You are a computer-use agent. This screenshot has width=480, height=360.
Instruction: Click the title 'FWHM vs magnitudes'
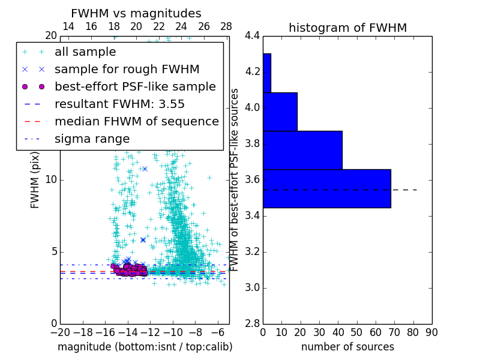[x=136, y=13]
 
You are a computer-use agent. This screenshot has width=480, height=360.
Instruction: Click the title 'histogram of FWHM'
[x=347, y=28]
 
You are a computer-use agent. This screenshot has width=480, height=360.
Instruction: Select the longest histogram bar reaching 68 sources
[x=326, y=188]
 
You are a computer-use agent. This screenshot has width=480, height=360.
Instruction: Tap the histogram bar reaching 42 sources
[x=302, y=150]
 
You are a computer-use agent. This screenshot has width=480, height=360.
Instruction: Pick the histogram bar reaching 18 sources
[x=280, y=112]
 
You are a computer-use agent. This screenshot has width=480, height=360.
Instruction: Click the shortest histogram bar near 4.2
[x=266, y=73]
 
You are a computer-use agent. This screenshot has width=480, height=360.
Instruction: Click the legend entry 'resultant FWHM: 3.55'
[x=119, y=104]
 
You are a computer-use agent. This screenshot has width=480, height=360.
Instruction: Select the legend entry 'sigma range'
[x=92, y=139]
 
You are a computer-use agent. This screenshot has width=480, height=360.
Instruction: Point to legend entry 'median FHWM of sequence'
[x=136, y=121]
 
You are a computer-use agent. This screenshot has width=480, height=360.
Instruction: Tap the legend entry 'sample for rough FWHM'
[x=127, y=69]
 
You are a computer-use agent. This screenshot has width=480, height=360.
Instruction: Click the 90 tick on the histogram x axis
[x=431, y=332]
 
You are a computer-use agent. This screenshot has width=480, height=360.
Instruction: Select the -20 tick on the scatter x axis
[x=60, y=332]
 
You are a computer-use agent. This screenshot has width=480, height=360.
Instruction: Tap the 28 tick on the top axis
[x=226, y=26]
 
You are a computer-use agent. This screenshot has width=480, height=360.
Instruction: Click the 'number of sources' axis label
[x=347, y=347]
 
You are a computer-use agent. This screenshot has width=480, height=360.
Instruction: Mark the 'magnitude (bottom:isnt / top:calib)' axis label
[x=145, y=347]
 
